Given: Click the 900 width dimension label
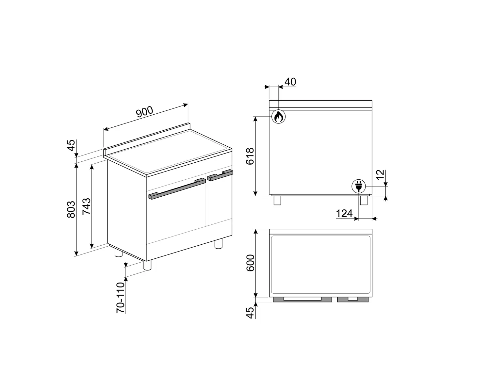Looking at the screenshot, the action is pyautogui.click(x=145, y=111).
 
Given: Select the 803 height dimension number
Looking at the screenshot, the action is pyautogui.click(x=71, y=209).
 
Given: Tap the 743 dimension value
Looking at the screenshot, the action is pyautogui.click(x=87, y=206).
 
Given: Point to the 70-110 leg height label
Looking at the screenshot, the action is pyautogui.click(x=121, y=298).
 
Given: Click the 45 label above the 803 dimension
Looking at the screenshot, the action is pyautogui.click(x=71, y=145).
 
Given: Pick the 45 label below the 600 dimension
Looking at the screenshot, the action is pyautogui.click(x=250, y=313).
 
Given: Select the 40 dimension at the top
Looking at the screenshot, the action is pyautogui.click(x=290, y=82).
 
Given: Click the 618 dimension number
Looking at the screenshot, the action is pyautogui.click(x=250, y=156).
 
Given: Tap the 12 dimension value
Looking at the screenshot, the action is pyautogui.click(x=380, y=175).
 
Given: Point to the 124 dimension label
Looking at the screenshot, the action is pyautogui.click(x=344, y=214).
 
